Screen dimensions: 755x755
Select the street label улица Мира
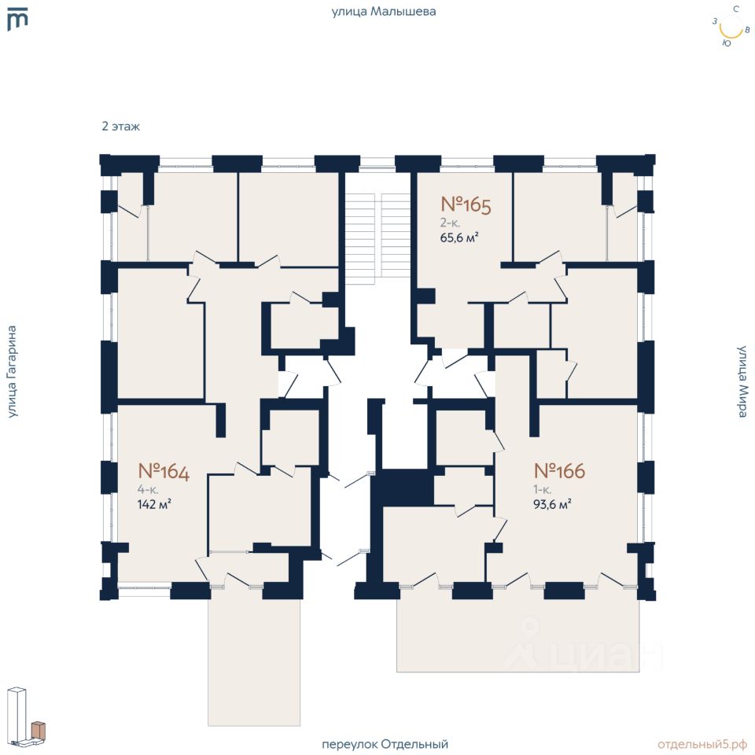pos(742,381)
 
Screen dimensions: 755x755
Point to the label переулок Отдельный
pos(385,744)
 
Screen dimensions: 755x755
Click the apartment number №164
pos(164,471)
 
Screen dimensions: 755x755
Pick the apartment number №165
pos(466,206)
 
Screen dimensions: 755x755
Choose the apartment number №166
pos(559,471)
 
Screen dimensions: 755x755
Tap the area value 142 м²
pos(154,505)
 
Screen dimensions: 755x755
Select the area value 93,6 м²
pos(552,505)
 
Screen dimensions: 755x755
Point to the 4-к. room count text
pos(147,489)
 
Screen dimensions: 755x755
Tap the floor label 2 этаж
pos(120,126)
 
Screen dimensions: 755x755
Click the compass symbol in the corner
pos(731,28)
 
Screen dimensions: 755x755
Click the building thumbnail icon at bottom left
pos(27,716)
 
